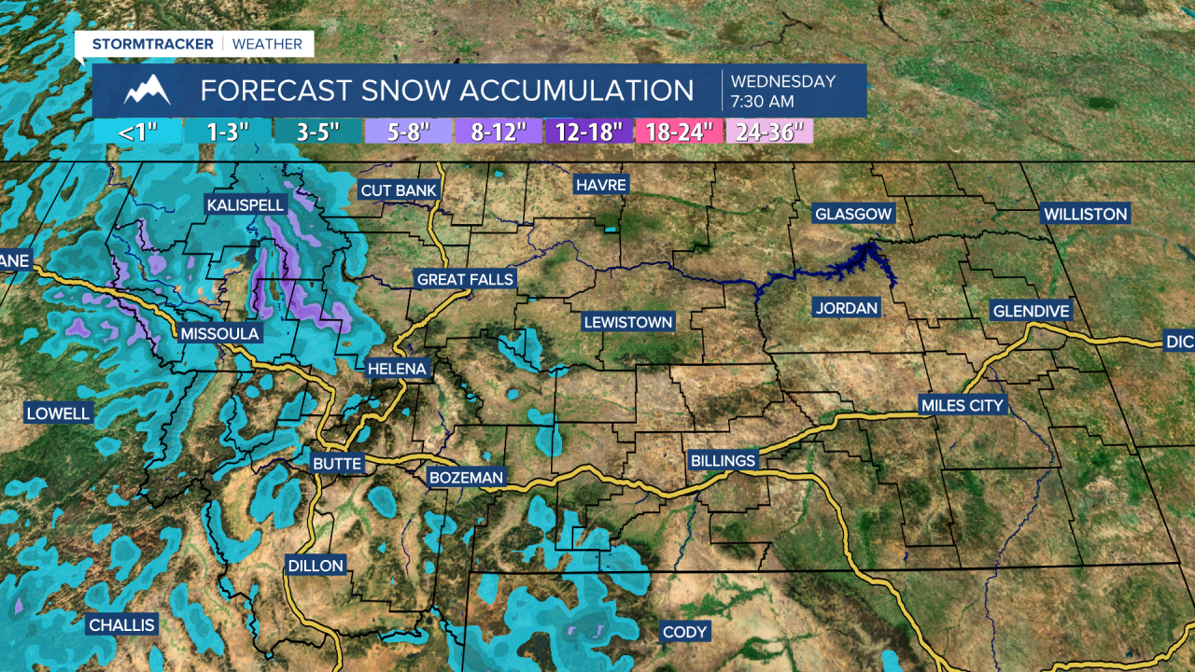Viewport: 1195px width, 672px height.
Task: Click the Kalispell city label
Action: pos(246,204)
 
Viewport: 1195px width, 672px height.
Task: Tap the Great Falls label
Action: pos(465,279)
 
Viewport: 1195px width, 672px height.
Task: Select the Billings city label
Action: pos(722,460)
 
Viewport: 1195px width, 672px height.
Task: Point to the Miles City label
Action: pos(962,405)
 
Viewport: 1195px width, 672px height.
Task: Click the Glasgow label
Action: pos(853,214)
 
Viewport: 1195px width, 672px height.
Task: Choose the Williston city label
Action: pos(1085,214)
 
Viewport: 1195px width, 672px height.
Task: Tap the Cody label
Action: pos(684,632)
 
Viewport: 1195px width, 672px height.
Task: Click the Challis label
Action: pos(121,624)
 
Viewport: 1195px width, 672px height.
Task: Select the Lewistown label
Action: pos(627,322)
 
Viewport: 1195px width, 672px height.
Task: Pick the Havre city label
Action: pos(600,185)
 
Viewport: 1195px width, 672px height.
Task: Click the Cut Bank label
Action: pos(398,190)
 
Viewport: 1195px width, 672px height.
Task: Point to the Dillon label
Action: pos(316,566)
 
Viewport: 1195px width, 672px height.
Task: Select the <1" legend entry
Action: pos(137,132)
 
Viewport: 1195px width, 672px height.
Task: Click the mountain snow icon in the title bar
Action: pos(148,91)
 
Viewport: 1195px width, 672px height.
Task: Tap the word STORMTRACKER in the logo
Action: pos(153,44)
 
